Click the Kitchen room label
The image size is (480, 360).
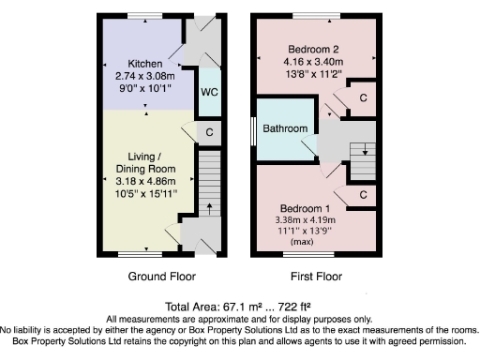pos(144,64)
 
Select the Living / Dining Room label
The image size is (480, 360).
pos(144,162)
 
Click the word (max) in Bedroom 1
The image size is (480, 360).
pos(302,242)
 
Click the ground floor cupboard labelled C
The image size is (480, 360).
pos(209,132)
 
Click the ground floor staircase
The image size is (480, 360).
pos(209,187)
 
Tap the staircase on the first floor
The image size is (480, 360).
pos(362,150)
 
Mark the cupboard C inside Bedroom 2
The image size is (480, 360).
pos(363,98)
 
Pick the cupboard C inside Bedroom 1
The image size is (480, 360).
pos(363,195)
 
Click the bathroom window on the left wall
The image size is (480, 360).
pos(255,128)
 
